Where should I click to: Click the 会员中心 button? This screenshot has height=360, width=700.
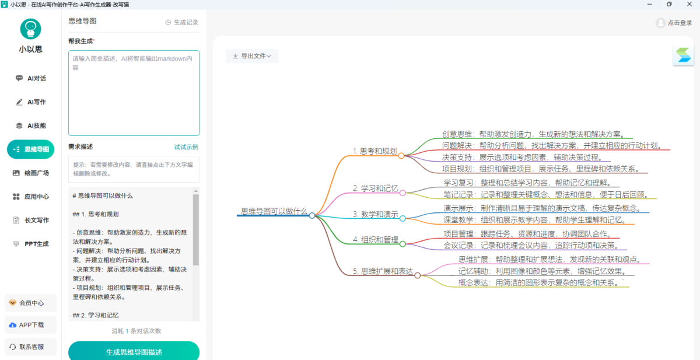(30, 303)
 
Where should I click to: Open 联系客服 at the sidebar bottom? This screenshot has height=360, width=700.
(30, 347)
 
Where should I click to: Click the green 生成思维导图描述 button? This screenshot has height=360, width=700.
(134, 352)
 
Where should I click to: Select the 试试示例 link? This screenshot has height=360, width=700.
(186, 147)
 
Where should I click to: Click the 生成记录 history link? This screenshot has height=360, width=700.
(182, 22)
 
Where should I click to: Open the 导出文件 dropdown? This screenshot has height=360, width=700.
(252, 56)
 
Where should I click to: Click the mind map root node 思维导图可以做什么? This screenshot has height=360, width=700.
(274, 211)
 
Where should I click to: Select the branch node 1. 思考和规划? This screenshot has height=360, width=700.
(374, 151)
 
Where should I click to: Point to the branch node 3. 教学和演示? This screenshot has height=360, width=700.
(375, 214)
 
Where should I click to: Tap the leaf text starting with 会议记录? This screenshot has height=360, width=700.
(530, 245)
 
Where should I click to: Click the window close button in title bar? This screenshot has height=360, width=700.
(689, 4)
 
